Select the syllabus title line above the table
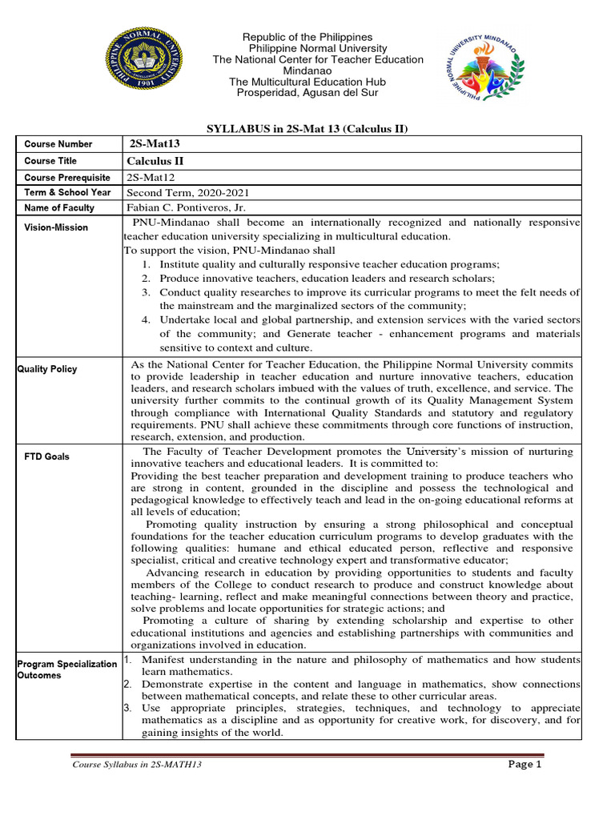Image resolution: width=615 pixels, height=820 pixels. [x=307, y=129]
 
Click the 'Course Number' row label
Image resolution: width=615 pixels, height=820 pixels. [x=58, y=144]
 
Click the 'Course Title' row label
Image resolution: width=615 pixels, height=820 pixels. [x=50, y=161]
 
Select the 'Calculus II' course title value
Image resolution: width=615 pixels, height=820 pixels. [x=155, y=161]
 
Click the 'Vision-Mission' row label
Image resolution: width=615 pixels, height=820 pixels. [x=56, y=227]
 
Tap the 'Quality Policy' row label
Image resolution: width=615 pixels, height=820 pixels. [x=47, y=368]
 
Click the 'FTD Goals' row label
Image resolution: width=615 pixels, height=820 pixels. [x=46, y=456]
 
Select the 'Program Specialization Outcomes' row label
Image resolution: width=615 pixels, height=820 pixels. [x=67, y=669]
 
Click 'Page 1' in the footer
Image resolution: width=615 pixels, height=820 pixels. [x=525, y=764]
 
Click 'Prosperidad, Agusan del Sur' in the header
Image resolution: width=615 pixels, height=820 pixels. [x=307, y=93]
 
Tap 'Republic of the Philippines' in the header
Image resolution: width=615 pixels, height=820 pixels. [x=307, y=38]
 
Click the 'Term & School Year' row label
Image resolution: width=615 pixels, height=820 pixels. [x=67, y=192]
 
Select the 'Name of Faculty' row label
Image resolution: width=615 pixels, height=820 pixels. [x=59, y=207]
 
